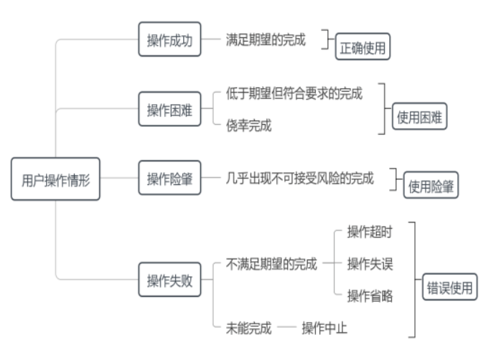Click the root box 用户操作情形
click(x=55, y=179)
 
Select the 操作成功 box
click(x=169, y=40)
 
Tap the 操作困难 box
click(x=169, y=110)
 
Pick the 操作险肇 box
click(x=169, y=179)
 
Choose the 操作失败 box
click(x=169, y=280)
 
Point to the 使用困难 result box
click(x=420, y=118)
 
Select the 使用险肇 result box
click(x=431, y=186)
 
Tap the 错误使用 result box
click(x=449, y=288)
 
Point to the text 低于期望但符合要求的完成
click(x=294, y=93)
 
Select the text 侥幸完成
click(x=249, y=126)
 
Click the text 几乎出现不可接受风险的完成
click(x=299, y=179)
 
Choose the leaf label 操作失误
click(x=370, y=264)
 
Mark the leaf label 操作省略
click(x=370, y=296)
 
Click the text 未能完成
click(x=249, y=328)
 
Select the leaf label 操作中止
click(x=324, y=328)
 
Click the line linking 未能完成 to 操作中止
click(x=286, y=328)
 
